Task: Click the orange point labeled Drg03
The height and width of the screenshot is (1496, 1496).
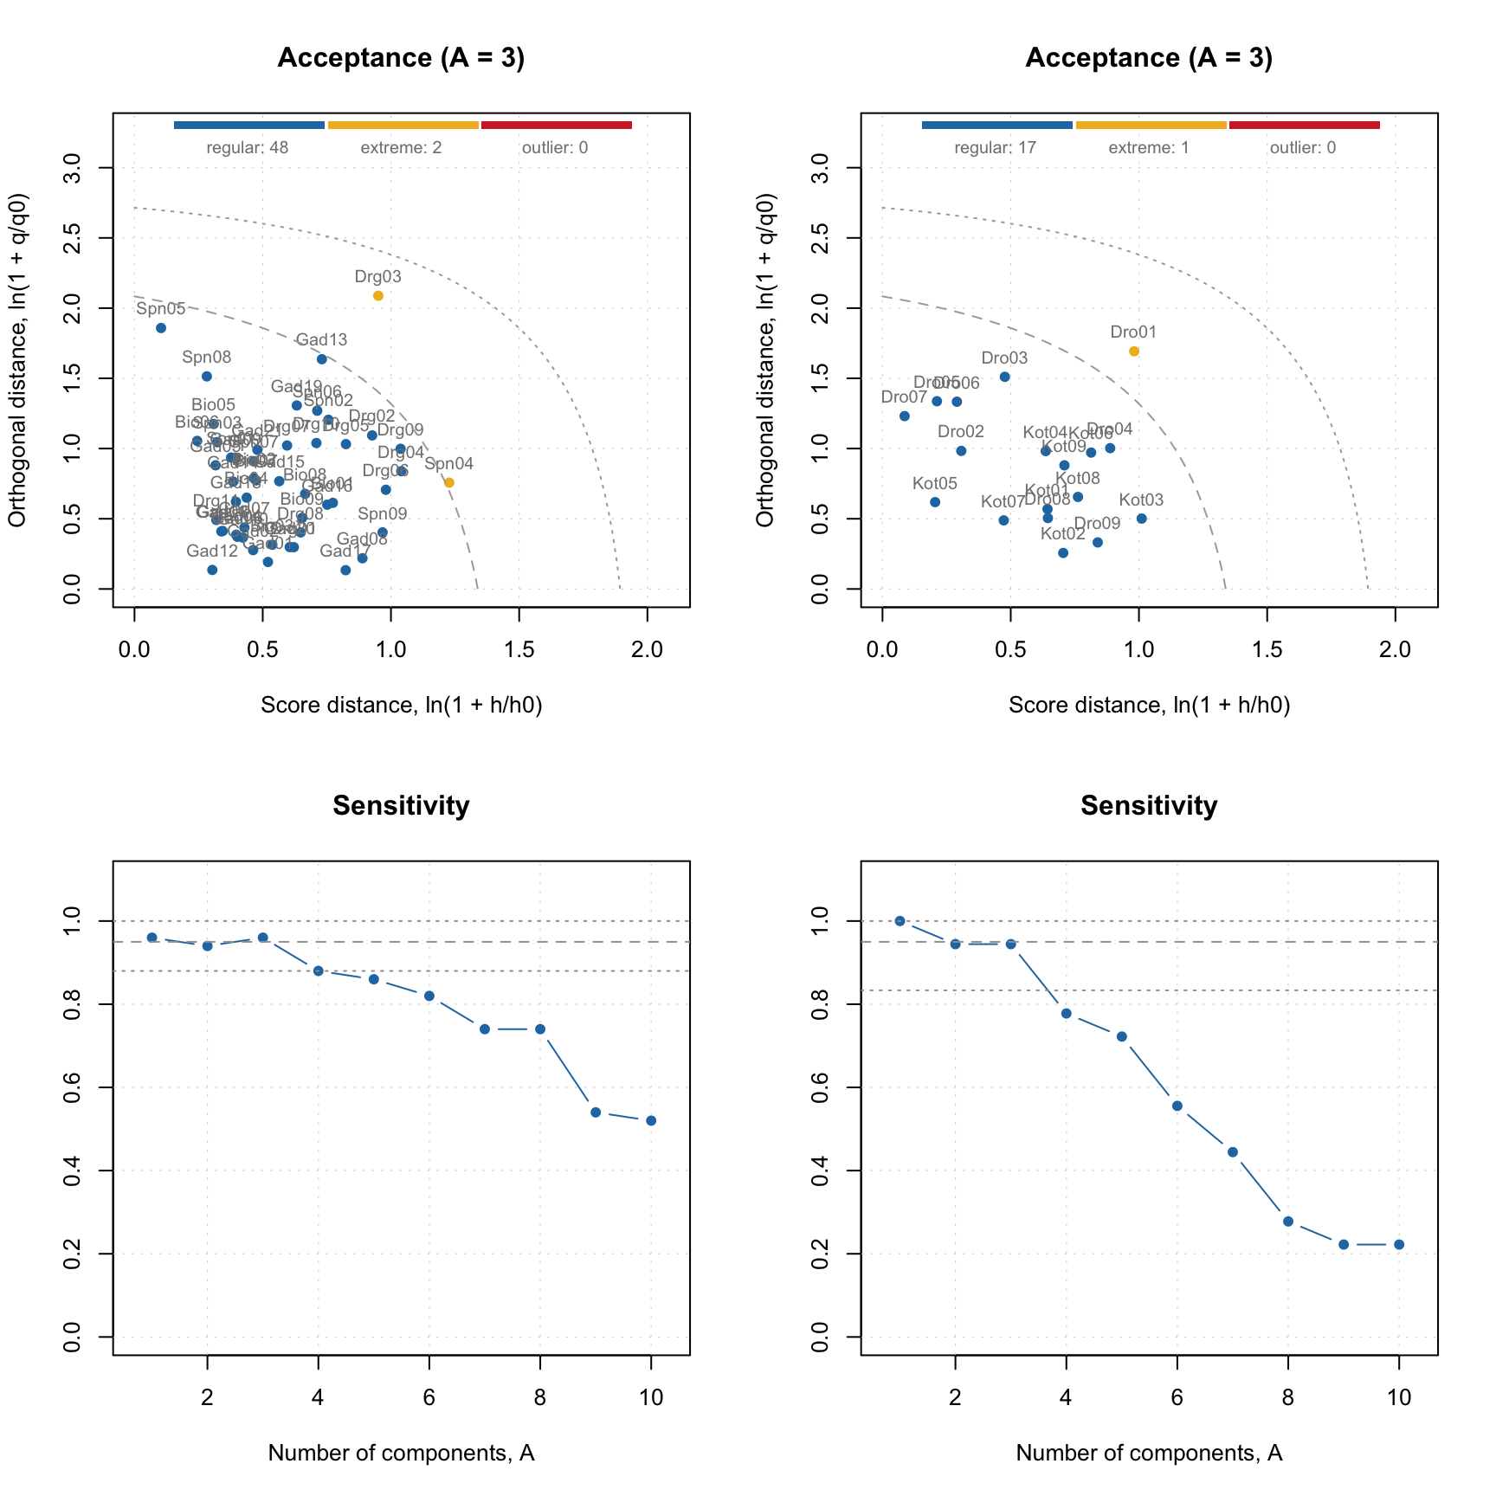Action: click(x=378, y=296)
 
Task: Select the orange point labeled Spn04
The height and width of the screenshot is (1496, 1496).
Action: click(x=448, y=482)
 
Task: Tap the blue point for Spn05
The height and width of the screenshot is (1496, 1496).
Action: click(x=161, y=328)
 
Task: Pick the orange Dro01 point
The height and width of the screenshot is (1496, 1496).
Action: click(x=1134, y=351)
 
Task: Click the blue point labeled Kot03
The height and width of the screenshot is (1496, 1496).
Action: click(x=1141, y=519)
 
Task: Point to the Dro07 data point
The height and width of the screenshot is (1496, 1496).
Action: click(x=905, y=416)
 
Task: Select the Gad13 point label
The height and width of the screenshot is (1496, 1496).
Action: click(x=321, y=340)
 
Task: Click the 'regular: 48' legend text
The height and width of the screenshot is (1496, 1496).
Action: click(x=248, y=148)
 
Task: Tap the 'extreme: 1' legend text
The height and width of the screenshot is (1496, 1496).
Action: click(x=1149, y=148)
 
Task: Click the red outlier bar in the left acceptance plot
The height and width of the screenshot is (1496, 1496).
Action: click(x=556, y=126)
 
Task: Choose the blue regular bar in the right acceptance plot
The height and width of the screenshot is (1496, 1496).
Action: click(x=996, y=126)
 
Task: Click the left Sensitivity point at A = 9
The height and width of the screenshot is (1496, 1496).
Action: click(x=596, y=1112)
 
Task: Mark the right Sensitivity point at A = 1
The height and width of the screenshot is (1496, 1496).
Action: click(x=900, y=921)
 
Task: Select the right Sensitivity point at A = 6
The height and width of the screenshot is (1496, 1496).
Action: click(x=1177, y=1106)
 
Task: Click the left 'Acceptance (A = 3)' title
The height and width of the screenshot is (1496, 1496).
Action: click(x=401, y=58)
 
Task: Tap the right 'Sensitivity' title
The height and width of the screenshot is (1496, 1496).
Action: click(x=1149, y=806)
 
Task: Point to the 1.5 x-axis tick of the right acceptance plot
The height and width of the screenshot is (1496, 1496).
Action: click(x=1267, y=649)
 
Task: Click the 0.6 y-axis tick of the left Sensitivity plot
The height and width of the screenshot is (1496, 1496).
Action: click(x=73, y=1087)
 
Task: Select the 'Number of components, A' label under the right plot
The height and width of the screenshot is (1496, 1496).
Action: click(x=1149, y=1454)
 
